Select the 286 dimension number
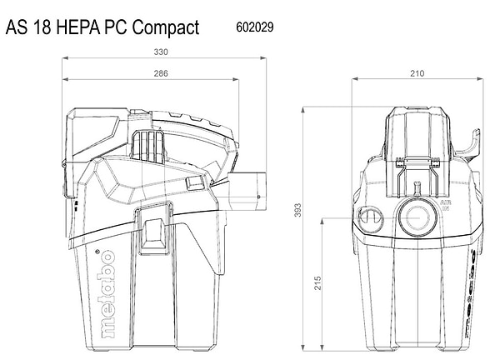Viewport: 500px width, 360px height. click(161, 74)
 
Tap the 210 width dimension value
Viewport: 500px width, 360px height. click(417, 74)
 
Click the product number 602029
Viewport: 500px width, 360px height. click(250, 27)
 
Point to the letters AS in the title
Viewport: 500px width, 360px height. click(17, 28)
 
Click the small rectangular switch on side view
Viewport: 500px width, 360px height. click(195, 182)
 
